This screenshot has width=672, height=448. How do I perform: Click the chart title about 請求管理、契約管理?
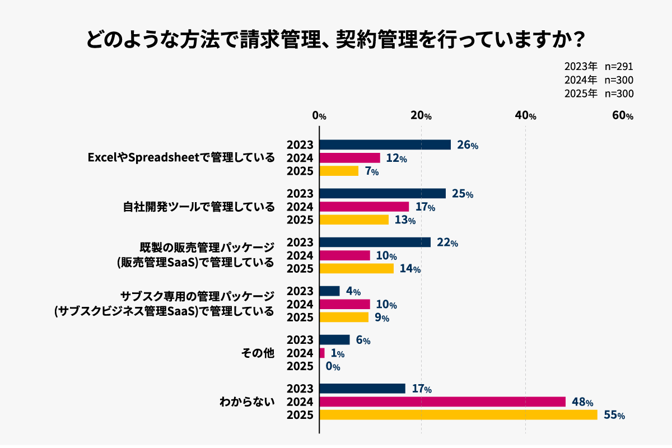(335, 40)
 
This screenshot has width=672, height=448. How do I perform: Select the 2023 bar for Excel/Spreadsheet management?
(385, 144)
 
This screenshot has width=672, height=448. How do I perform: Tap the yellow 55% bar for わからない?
(458, 415)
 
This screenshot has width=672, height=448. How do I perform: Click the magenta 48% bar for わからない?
(442, 402)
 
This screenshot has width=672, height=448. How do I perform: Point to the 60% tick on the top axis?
(622, 116)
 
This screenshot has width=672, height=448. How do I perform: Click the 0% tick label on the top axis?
(319, 116)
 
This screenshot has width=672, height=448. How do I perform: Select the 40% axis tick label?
(525, 116)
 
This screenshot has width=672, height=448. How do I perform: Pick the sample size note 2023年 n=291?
(599, 67)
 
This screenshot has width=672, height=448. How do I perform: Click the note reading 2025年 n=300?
(599, 94)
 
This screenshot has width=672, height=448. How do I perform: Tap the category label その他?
(258, 353)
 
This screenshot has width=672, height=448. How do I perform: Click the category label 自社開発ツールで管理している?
(199, 207)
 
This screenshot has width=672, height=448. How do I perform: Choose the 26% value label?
(467, 145)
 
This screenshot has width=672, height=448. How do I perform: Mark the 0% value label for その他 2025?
(333, 367)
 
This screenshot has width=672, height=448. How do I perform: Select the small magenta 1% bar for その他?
(322, 353)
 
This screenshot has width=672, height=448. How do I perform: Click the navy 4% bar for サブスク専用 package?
(329, 291)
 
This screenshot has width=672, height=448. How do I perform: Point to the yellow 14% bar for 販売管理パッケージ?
(356, 268)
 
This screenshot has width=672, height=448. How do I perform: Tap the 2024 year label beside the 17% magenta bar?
(300, 207)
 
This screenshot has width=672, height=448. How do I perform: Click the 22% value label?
(447, 242)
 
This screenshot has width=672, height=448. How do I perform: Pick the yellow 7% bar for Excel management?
(339, 171)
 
